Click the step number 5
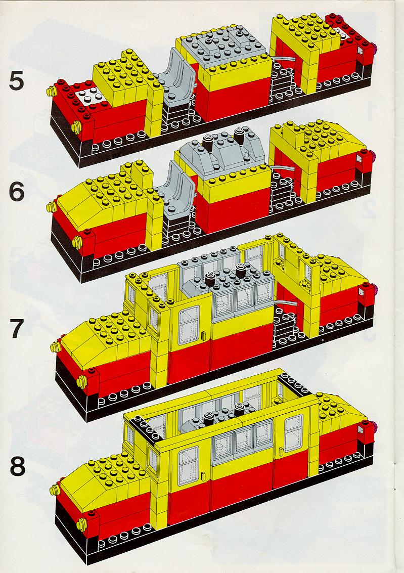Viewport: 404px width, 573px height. pos(16,80)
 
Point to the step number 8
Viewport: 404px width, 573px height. pos(18,466)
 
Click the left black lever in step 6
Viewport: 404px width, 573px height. pos(209,141)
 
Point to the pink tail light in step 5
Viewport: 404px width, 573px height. pos(375,47)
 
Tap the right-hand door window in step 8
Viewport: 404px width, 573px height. pos(293,433)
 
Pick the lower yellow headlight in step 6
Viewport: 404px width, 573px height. pos(77,242)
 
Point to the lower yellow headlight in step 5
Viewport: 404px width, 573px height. pos(76,127)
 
